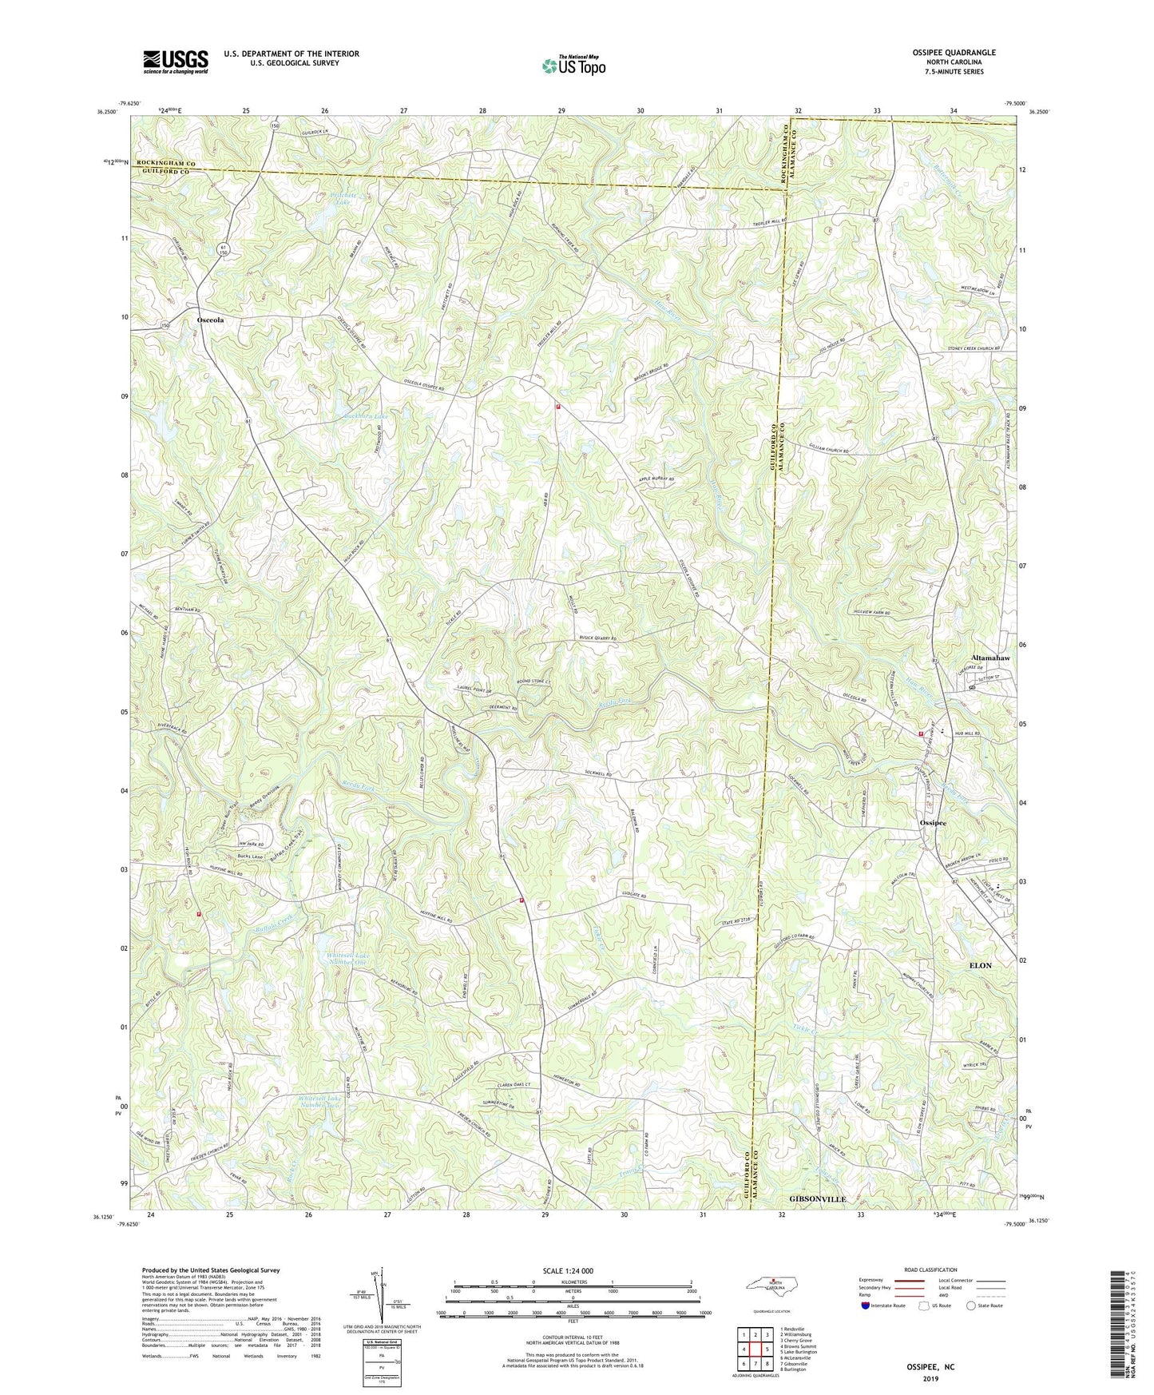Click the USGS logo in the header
click(x=176, y=61)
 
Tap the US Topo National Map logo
click(x=573, y=66)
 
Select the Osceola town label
click(x=210, y=320)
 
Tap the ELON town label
click(x=980, y=965)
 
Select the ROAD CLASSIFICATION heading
click(x=931, y=1270)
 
